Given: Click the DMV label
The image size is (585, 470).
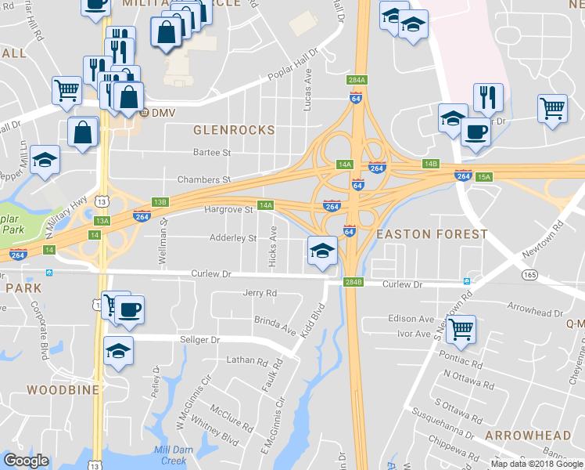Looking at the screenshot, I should point(163,113).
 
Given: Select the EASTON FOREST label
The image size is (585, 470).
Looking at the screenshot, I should point(432,234).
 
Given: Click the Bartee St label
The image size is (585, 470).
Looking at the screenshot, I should point(212,153).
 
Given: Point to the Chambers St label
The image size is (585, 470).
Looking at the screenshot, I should point(204,179).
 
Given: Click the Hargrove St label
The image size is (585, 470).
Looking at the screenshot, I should point(228,210).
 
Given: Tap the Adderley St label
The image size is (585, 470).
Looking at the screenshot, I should point(232,237).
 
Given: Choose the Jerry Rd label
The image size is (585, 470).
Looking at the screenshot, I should point(260,293).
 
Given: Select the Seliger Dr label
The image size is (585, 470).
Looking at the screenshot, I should point(200,340).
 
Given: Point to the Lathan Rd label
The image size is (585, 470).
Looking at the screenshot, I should point(247,360).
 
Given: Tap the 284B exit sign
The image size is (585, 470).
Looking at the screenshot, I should point(353,282).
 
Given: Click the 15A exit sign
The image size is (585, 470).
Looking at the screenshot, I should point(485,178).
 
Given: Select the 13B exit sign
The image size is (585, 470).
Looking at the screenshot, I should point(160,202).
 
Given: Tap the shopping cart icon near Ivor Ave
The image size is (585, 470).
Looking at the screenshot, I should point(461,329).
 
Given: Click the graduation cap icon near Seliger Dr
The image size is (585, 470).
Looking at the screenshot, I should point(118,350).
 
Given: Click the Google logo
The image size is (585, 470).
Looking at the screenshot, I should point(27,461).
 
